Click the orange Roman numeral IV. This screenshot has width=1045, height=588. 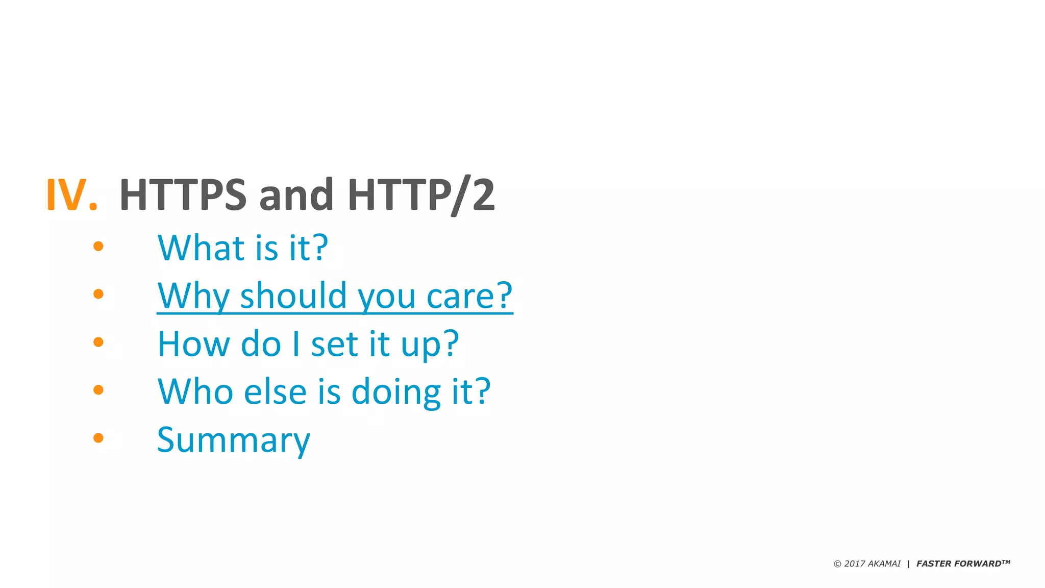coord(71,194)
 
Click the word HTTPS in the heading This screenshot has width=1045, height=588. coord(183,194)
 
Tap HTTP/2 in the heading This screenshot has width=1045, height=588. coord(421,194)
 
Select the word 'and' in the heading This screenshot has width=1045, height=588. coord(296,194)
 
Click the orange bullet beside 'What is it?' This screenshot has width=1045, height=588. coord(98,247)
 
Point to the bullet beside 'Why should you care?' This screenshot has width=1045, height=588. coord(98,294)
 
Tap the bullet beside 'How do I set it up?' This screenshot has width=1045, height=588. coord(98,342)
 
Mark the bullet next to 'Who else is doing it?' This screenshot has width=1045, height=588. coord(98,390)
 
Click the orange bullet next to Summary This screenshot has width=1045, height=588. coord(98,437)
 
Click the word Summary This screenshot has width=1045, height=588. coord(233,440)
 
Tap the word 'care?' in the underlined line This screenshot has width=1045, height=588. coord(469,296)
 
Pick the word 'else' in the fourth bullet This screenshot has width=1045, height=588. coord(276,391)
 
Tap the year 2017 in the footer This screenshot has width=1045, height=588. coord(855,563)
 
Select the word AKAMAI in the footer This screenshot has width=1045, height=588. coord(884,563)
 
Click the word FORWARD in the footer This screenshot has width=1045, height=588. coord(980,563)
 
